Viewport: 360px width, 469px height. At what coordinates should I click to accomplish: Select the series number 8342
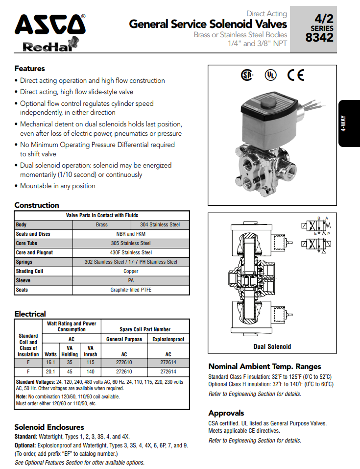[x=319, y=37]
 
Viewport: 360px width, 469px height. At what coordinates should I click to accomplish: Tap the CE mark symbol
[x=296, y=74]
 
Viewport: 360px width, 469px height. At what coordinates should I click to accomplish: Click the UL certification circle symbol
[x=270, y=74]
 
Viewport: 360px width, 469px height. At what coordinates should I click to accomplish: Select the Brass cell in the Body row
[x=102, y=225]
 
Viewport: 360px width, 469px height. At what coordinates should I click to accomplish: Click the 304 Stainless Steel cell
[x=161, y=225]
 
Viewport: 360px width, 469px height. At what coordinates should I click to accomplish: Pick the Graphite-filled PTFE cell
[x=131, y=290]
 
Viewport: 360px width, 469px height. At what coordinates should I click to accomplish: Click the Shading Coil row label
[x=30, y=271]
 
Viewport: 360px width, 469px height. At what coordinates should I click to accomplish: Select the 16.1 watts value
[x=51, y=363]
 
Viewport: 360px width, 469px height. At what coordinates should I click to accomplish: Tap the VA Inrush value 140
[x=90, y=371]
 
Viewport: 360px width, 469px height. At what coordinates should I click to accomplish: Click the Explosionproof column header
[x=168, y=339]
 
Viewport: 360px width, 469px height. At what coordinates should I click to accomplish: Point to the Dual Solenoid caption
[x=272, y=346]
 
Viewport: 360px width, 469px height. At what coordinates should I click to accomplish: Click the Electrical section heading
[x=30, y=314]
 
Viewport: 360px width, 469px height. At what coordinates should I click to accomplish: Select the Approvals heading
[x=226, y=413]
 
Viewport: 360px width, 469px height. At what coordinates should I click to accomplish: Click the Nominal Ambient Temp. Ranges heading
[x=264, y=366]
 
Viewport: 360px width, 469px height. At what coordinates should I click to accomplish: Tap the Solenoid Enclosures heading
[x=49, y=427]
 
